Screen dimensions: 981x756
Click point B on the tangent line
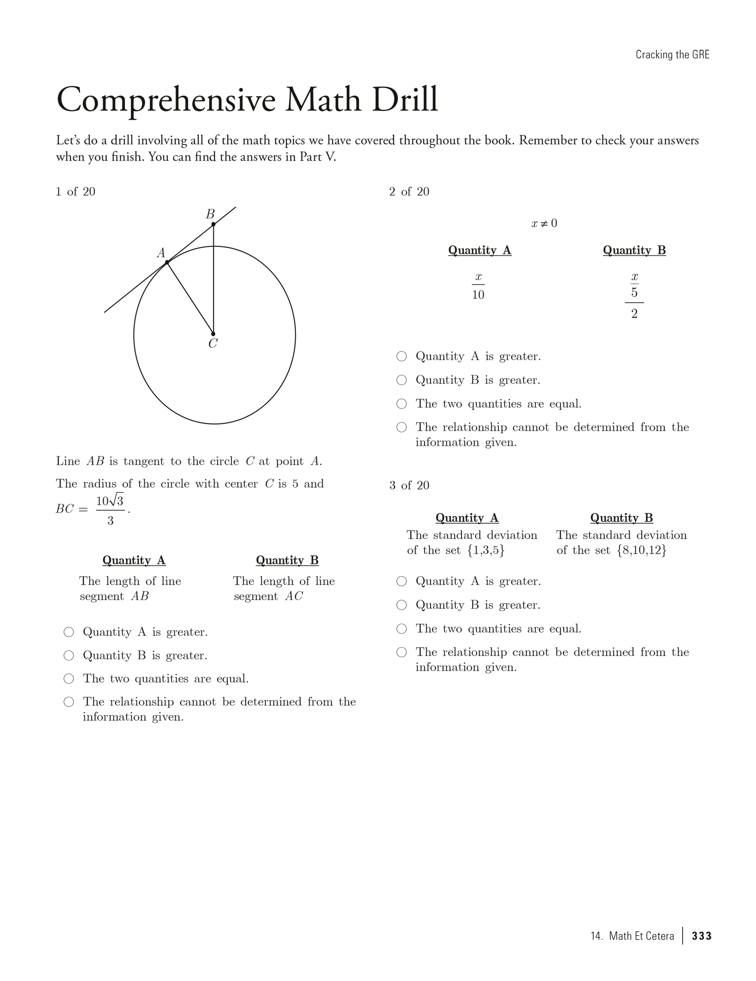213,224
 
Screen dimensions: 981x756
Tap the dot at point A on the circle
167,263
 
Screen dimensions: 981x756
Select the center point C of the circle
213,334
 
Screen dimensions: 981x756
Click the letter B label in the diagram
210,214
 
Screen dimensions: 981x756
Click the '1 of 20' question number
76,192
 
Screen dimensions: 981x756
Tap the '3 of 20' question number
409,485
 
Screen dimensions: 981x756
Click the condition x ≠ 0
544,223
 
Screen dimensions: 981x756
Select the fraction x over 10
478,286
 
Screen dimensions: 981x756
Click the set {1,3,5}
486,550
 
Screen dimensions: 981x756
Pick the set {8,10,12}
642,550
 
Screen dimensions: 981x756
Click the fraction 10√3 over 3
110,510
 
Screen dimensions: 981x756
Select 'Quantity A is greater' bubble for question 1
69,632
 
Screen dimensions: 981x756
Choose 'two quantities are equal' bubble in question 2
402,404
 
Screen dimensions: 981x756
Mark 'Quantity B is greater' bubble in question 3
402,605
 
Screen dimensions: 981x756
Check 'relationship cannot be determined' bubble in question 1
69,702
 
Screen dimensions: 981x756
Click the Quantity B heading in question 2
634,250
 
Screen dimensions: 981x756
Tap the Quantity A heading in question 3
467,518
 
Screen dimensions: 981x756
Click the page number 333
702,936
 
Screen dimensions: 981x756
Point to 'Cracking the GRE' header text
673,54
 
